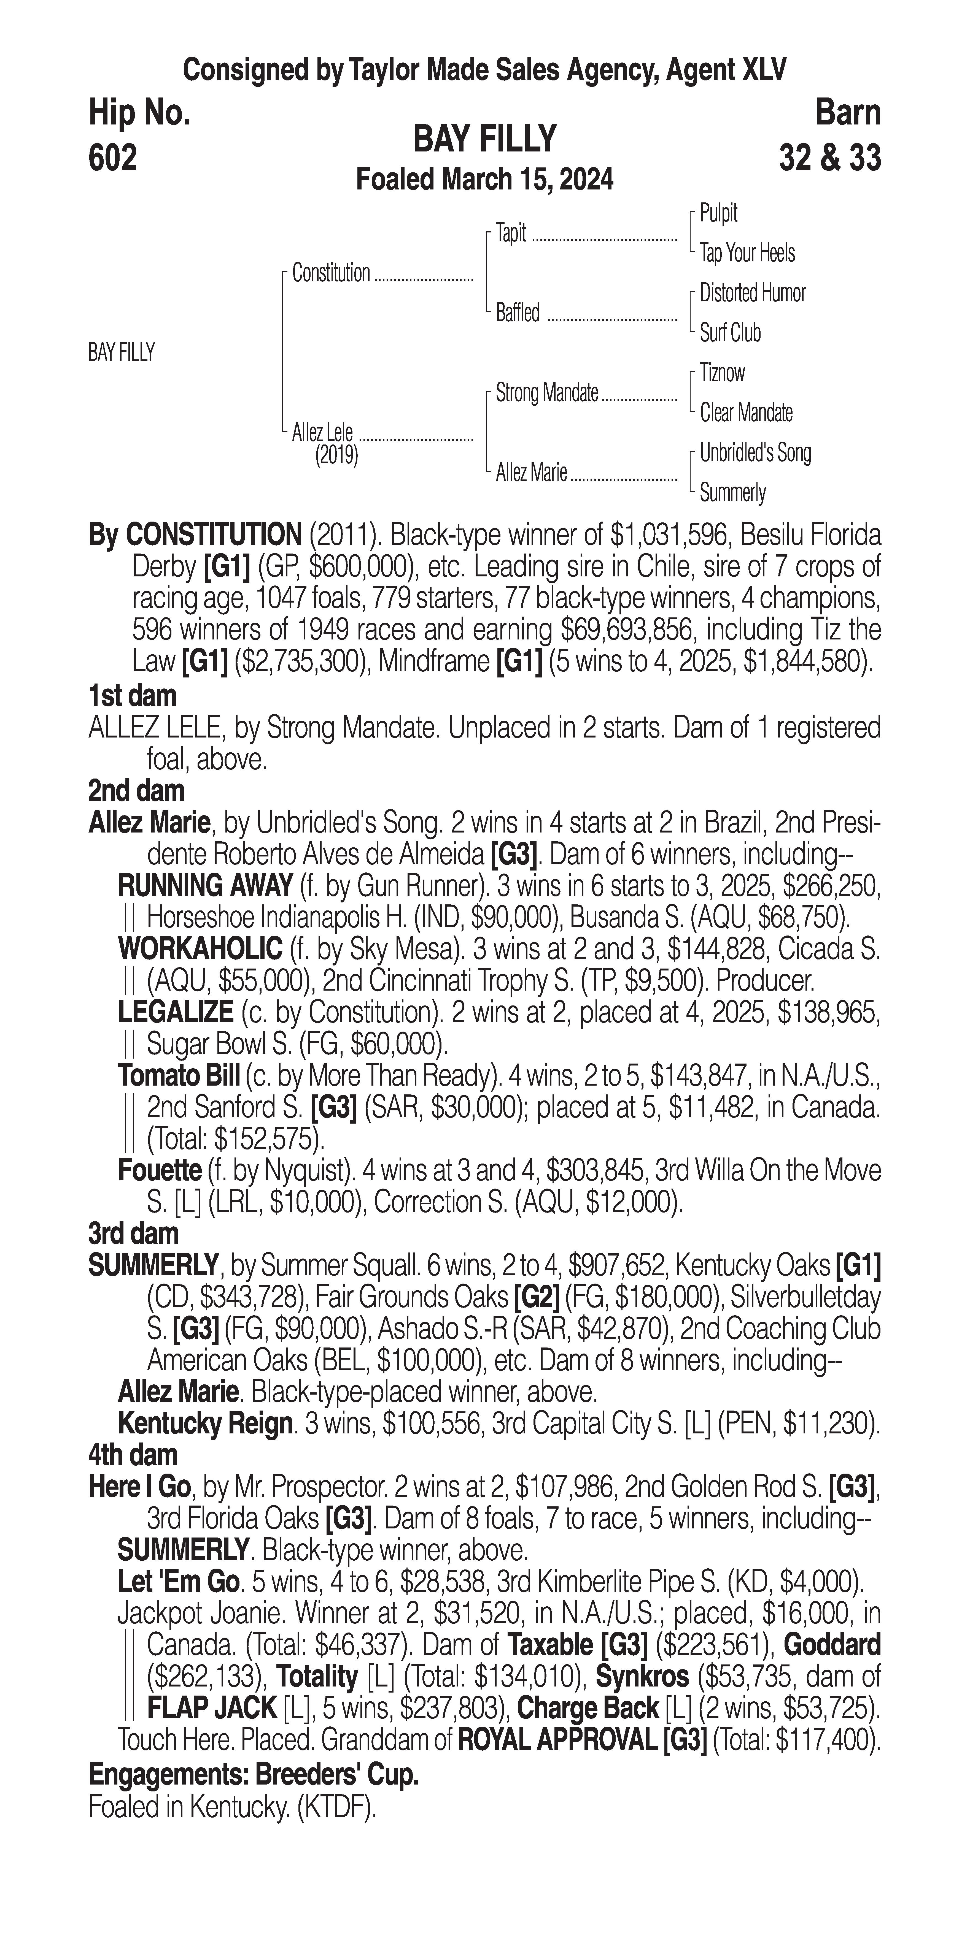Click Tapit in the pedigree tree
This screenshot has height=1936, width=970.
[x=511, y=233]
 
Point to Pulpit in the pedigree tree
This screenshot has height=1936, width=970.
[x=718, y=213]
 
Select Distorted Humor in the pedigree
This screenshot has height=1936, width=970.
[x=752, y=293]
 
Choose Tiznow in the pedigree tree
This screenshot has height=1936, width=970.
[x=722, y=373]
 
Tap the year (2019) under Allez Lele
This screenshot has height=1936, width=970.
[x=336, y=455]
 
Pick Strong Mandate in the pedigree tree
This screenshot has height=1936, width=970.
[x=547, y=392]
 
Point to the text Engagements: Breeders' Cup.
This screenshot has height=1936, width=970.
[x=254, y=1775]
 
